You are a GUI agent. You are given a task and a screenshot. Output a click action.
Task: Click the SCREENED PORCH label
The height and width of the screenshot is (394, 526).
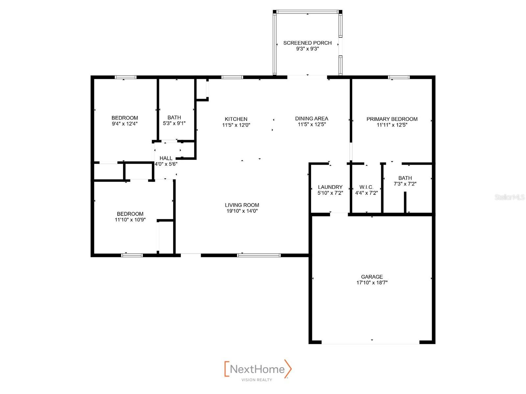point(307,43)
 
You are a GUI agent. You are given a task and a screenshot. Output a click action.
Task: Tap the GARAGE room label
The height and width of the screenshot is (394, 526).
point(372,277)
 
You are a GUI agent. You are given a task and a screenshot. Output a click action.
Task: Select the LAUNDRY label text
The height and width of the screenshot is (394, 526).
point(330,187)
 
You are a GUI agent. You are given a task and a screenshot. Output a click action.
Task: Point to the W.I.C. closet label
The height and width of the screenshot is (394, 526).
point(366,187)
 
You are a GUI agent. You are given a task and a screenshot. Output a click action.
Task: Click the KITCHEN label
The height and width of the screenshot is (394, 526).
point(236,119)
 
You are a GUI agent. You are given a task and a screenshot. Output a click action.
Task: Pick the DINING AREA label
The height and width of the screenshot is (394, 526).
point(311,119)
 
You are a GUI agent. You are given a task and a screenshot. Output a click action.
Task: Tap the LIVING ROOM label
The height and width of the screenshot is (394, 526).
point(242,205)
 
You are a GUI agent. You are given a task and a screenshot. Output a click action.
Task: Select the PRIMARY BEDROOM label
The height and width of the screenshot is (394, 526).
point(392,119)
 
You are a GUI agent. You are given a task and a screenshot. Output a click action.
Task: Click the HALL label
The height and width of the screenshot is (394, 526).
point(166,158)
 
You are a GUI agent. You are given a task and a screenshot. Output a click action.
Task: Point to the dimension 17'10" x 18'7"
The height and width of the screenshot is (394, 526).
point(372,283)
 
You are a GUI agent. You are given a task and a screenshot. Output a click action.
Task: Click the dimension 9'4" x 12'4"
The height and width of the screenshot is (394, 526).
point(125,124)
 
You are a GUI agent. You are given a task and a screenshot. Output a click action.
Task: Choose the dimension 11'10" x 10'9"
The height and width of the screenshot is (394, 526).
point(130,220)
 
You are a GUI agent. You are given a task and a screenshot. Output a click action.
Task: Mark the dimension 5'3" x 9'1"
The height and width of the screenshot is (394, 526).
point(174,123)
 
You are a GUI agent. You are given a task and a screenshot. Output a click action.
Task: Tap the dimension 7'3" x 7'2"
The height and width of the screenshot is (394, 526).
point(405,184)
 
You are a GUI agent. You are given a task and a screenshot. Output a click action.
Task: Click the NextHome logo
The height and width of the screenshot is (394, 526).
point(258,369)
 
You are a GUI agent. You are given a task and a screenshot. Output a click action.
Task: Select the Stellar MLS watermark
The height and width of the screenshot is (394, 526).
point(510,197)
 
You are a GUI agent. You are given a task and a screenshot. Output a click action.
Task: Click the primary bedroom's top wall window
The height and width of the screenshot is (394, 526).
point(399,77)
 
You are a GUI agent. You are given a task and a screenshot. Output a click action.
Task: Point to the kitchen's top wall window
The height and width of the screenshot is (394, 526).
point(232,77)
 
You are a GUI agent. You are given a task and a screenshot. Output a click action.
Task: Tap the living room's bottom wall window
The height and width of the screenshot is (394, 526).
point(259,255)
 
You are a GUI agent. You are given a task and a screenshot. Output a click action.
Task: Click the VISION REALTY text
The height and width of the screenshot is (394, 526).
point(257,380)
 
